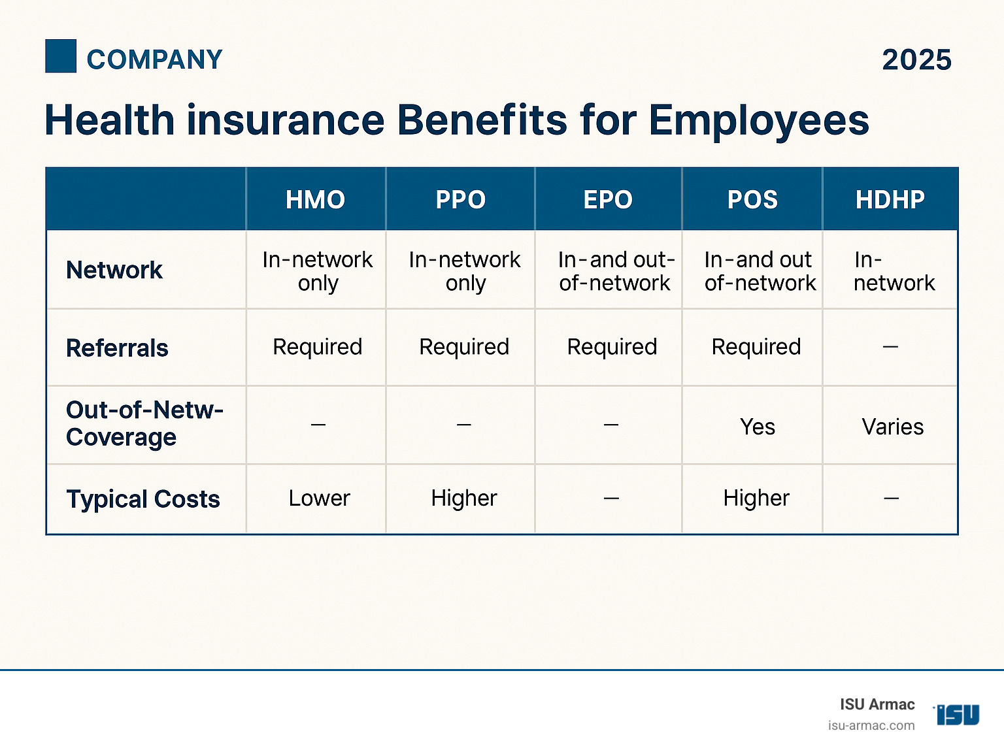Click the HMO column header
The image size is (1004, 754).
(x=315, y=199)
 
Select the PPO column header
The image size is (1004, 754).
(x=461, y=199)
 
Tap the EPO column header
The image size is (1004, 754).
(x=608, y=199)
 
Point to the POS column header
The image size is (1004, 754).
(x=752, y=199)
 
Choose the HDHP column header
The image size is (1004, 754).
(x=890, y=199)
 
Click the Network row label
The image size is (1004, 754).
(x=114, y=270)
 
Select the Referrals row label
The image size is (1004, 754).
(x=118, y=348)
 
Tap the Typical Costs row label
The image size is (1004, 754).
(x=143, y=499)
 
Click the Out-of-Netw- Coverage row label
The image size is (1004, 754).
(x=144, y=423)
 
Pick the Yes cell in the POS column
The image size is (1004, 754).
(x=757, y=427)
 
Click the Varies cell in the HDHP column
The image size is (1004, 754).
(x=892, y=427)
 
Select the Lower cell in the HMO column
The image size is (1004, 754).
(x=319, y=499)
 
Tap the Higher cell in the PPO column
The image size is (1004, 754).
(x=464, y=499)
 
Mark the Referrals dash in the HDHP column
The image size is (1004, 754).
(x=890, y=347)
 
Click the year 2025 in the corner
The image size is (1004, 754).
(x=916, y=60)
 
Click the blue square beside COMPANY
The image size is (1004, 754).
(x=61, y=56)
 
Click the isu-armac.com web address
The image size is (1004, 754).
(x=871, y=725)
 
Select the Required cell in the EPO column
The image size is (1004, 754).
(x=612, y=347)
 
